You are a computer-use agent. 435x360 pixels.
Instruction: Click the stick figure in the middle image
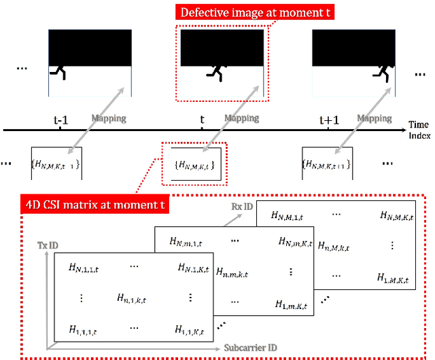(x=217, y=71)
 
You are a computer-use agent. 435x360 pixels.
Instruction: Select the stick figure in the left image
(x=60, y=70)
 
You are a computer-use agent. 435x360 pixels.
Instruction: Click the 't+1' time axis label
(x=329, y=120)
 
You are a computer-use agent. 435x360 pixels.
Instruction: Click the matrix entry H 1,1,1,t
(x=82, y=329)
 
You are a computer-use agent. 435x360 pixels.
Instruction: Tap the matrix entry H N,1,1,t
(x=82, y=268)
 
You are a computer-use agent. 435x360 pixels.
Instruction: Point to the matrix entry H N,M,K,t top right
(x=397, y=215)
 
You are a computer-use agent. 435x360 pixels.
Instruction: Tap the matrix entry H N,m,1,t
(x=185, y=241)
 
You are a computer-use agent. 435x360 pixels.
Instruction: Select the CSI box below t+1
(x=328, y=164)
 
